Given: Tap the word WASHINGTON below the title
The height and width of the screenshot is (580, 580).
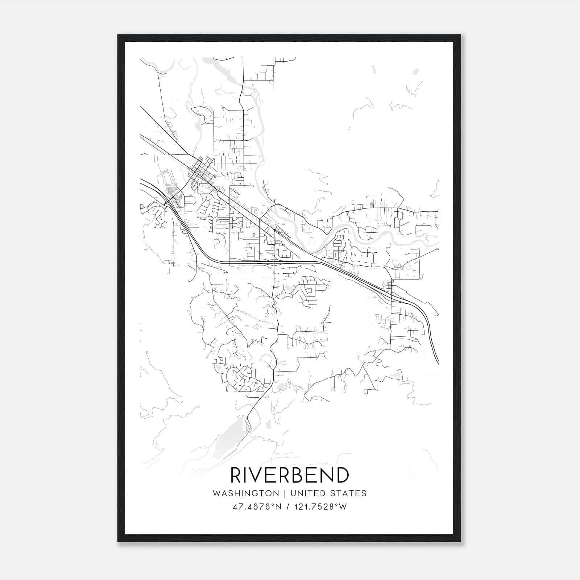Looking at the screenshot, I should pos(246,494).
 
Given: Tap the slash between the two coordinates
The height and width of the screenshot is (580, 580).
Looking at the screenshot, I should pos(288,507).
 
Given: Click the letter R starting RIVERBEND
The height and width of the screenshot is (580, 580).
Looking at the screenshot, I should pos(236,475).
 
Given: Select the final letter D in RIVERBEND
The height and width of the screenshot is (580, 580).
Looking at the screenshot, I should pos(342,475).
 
